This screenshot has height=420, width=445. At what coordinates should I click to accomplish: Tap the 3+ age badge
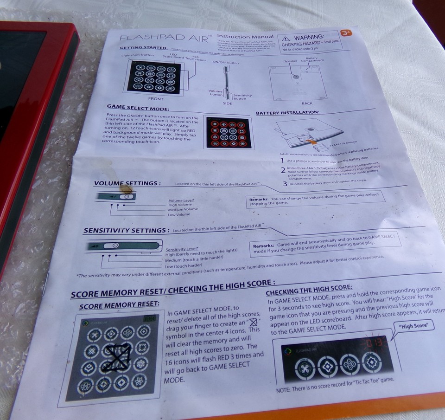[345, 33]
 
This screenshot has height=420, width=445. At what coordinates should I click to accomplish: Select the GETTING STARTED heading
[143, 48]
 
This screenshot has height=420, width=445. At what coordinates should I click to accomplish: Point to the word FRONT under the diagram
[155, 99]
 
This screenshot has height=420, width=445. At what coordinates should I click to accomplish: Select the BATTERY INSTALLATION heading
[287, 112]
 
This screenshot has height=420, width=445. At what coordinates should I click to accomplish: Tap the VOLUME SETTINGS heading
[127, 184]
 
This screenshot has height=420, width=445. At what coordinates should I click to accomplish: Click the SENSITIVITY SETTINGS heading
[126, 231]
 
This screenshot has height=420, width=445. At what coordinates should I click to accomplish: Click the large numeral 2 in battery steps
[283, 170]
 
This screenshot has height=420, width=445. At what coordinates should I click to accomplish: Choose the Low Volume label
[179, 214]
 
